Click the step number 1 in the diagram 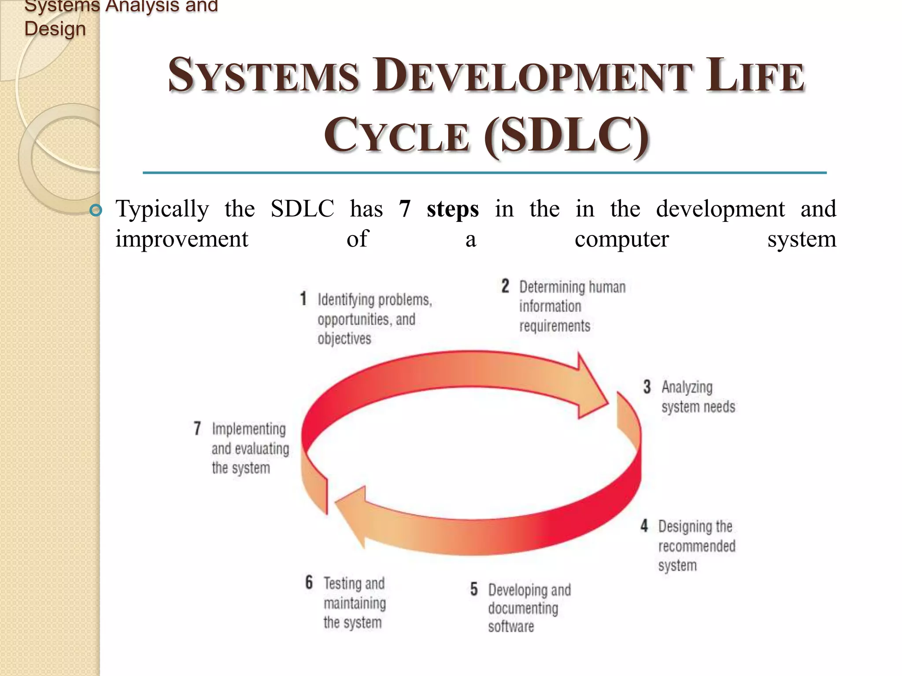point(303,298)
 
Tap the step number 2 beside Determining point(505,286)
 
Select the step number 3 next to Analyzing point(647,387)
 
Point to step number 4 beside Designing point(644,525)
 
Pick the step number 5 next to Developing point(474,589)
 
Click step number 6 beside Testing point(309,582)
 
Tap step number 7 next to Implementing point(197,428)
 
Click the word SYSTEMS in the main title point(263,76)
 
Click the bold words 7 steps point(439,209)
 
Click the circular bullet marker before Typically point(95,210)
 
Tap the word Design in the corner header point(55,29)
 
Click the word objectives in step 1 point(344,338)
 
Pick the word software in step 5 point(510,626)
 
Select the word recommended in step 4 point(696,546)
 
